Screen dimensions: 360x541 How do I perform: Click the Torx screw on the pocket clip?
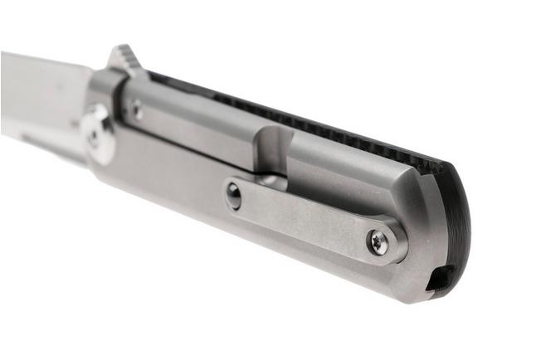pyautogui.click(x=379, y=241)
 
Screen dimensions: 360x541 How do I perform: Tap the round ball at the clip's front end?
pyautogui.click(x=234, y=195)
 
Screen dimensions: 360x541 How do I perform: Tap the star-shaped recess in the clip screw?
pyautogui.click(x=379, y=241)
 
